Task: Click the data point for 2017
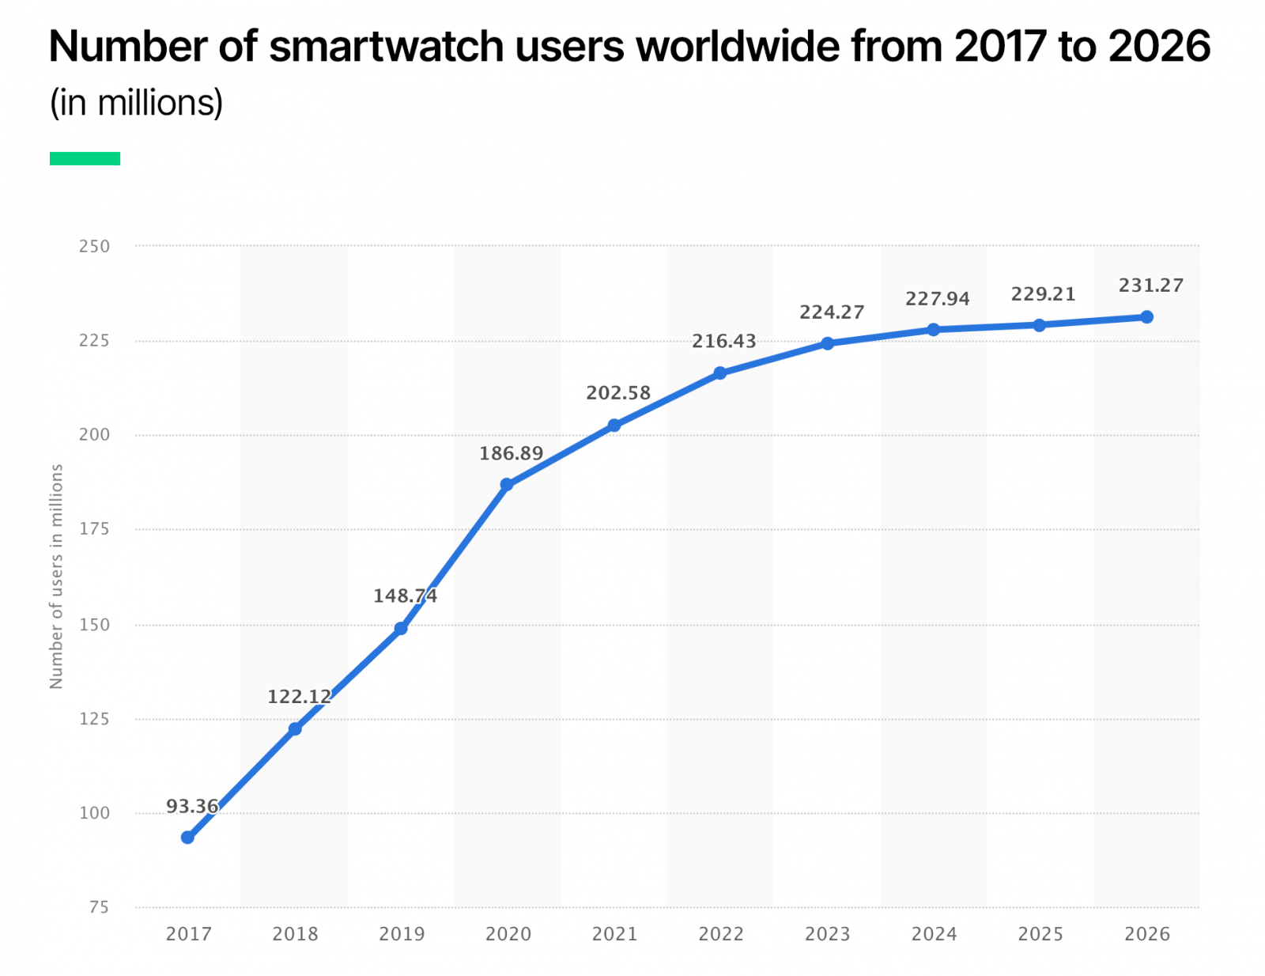[x=187, y=837]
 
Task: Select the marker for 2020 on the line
[x=507, y=484]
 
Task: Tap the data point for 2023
[x=827, y=343]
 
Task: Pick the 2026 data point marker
[x=1146, y=317]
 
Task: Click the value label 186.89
[x=511, y=454]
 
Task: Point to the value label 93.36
[x=191, y=807]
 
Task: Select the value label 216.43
[x=723, y=342]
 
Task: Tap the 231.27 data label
[x=1150, y=286]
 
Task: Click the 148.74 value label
[x=405, y=596]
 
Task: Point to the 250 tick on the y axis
[x=94, y=246]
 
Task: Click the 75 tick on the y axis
[x=99, y=907]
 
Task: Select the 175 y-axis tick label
[x=94, y=529]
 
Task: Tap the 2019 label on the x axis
[x=402, y=934]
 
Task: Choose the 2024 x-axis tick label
[x=934, y=934]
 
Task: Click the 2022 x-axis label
[x=721, y=934]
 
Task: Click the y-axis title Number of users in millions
[x=56, y=576]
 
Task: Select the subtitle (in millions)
[x=136, y=103]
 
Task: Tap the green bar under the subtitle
[x=85, y=158]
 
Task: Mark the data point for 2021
[x=614, y=426]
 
